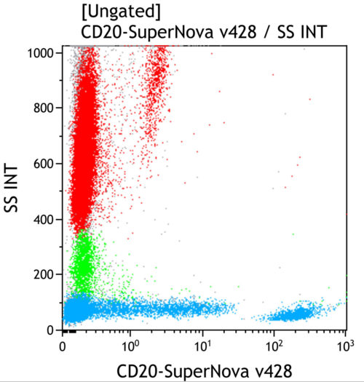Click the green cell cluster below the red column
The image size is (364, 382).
tap(83, 262)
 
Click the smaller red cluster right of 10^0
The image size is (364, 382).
tap(156, 95)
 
